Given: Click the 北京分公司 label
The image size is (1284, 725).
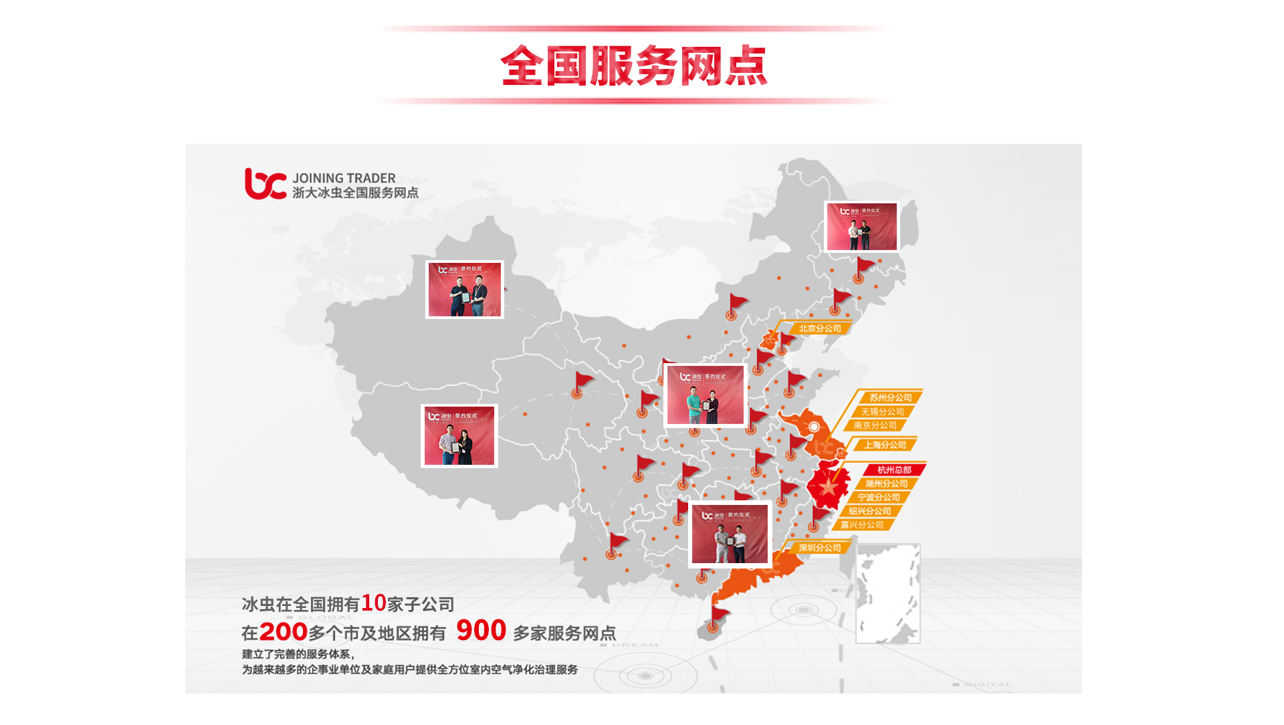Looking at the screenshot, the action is coord(820,328).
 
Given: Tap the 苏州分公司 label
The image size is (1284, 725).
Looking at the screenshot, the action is coord(890,397).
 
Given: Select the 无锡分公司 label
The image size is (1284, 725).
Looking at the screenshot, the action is coord(882,412).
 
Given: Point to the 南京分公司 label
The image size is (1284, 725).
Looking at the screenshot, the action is coord(875,425).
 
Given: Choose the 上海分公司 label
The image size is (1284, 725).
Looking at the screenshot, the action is coord(885,445).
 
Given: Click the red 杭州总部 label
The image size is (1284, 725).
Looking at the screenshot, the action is coord(894,470).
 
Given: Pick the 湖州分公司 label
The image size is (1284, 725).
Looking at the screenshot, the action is coord(886,484).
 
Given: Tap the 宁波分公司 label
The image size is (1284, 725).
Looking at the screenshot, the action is coord(879,498).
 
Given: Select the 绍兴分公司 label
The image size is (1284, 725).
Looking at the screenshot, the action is coord(869,511).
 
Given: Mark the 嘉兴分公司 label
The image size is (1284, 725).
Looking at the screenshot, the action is coord(862,525).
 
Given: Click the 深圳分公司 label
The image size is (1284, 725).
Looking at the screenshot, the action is coord(820,548).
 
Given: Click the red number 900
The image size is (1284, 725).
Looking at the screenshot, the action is coord(481,631).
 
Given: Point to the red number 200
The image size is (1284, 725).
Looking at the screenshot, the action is coord(283,632).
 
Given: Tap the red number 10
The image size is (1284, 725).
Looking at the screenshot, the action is coord(373,603).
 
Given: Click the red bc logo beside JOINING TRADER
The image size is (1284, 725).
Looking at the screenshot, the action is coord(265,184).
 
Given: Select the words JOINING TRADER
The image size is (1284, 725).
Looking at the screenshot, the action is coord(344,178).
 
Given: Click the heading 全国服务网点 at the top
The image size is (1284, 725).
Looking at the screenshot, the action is coord(633,66).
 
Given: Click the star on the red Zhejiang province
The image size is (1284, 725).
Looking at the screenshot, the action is coord(829,486).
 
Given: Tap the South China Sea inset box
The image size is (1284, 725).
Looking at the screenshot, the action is coord(887,593).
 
